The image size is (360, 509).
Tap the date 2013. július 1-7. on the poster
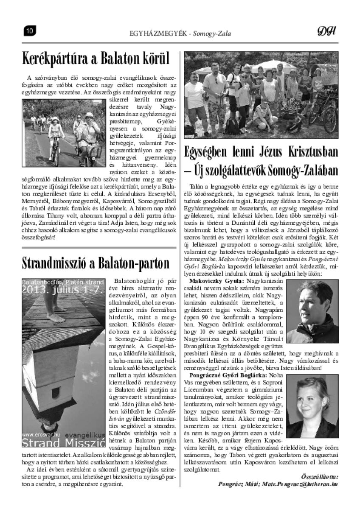pos(63,290)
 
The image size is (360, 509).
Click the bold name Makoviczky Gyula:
pos(216,281)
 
